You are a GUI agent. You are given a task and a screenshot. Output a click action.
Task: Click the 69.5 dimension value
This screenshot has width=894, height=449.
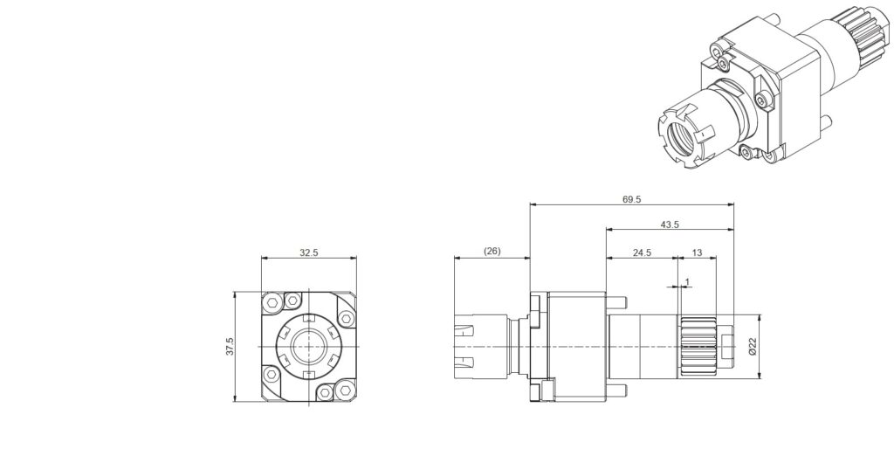pos(632,199)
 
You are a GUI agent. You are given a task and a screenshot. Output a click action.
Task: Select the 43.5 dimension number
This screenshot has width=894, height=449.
pos(670,224)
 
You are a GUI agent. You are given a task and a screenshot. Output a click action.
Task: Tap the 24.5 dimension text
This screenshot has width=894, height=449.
pos(642,252)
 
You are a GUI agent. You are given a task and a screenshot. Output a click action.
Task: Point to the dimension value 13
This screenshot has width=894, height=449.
pos(697,252)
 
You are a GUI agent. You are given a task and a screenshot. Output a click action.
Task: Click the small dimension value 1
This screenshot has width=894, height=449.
pos(687,282)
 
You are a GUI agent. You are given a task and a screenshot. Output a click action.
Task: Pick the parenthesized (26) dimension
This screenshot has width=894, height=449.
pos(492,251)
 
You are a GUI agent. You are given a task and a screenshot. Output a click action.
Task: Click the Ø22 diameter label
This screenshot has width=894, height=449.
pos(753,346)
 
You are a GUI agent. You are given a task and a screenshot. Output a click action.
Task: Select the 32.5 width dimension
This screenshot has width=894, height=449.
pos(308,252)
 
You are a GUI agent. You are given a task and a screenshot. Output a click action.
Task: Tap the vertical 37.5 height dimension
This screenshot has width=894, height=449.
pos(230,347)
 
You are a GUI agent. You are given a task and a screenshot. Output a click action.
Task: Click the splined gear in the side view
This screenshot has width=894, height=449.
pos(698,346)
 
